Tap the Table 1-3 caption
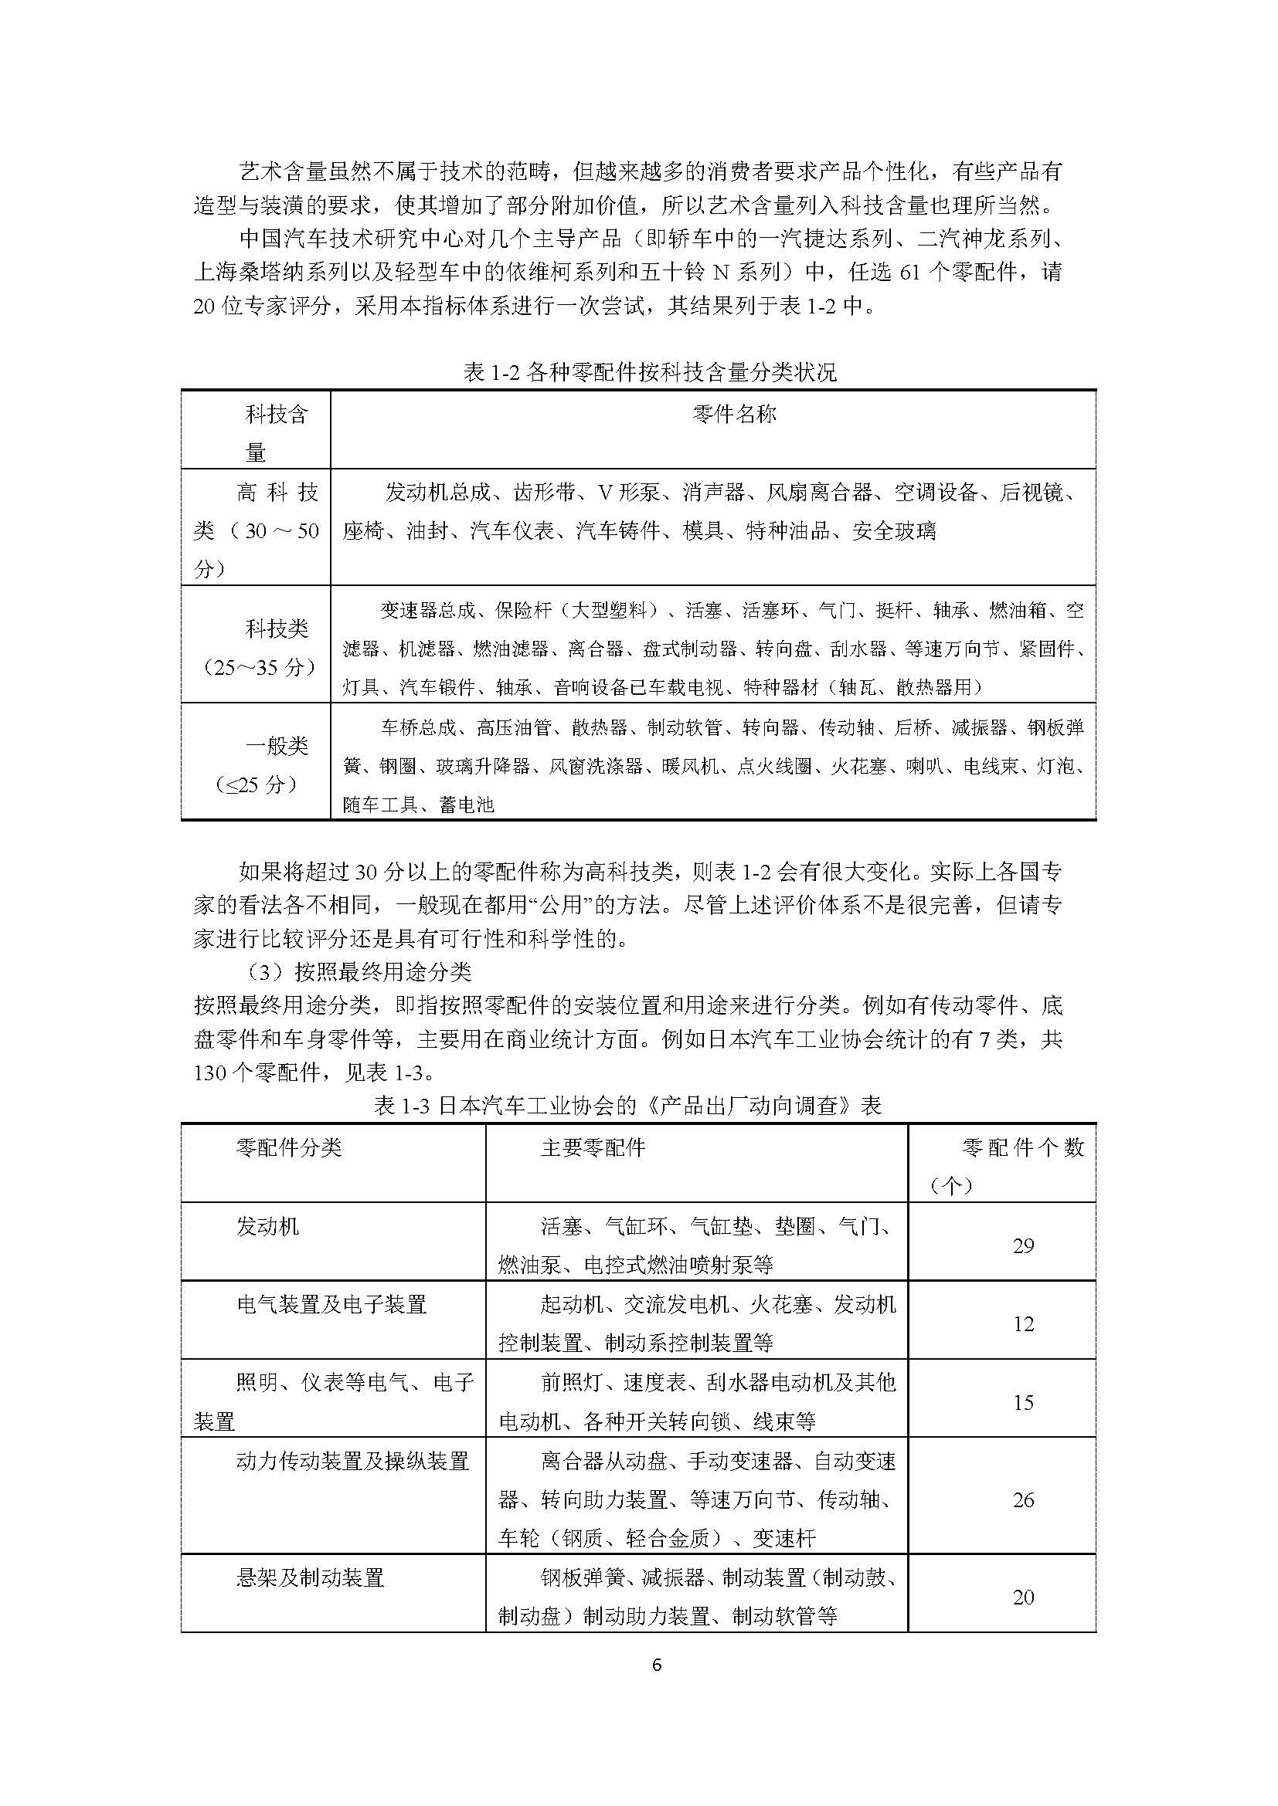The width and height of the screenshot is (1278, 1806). click(x=627, y=1105)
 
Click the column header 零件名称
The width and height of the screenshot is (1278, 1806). click(x=734, y=414)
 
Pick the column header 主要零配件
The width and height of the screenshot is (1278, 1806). click(x=593, y=1147)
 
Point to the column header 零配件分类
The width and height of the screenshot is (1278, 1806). click(x=289, y=1147)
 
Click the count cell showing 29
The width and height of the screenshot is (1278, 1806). click(x=1023, y=1245)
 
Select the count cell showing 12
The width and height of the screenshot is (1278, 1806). click(x=1023, y=1324)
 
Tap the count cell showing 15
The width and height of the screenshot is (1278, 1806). click(x=1023, y=1402)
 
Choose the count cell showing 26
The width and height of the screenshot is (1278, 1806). click(x=1023, y=1500)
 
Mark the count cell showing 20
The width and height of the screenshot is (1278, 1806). click(x=1023, y=1598)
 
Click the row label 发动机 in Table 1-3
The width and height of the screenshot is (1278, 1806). click(x=267, y=1226)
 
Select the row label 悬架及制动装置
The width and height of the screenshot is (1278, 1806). click(x=310, y=1578)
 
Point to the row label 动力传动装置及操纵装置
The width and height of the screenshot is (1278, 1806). click(x=352, y=1462)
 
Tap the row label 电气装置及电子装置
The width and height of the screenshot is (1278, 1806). click(x=331, y=1305)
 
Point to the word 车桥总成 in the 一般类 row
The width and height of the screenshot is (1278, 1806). click(x=419, y=727)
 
